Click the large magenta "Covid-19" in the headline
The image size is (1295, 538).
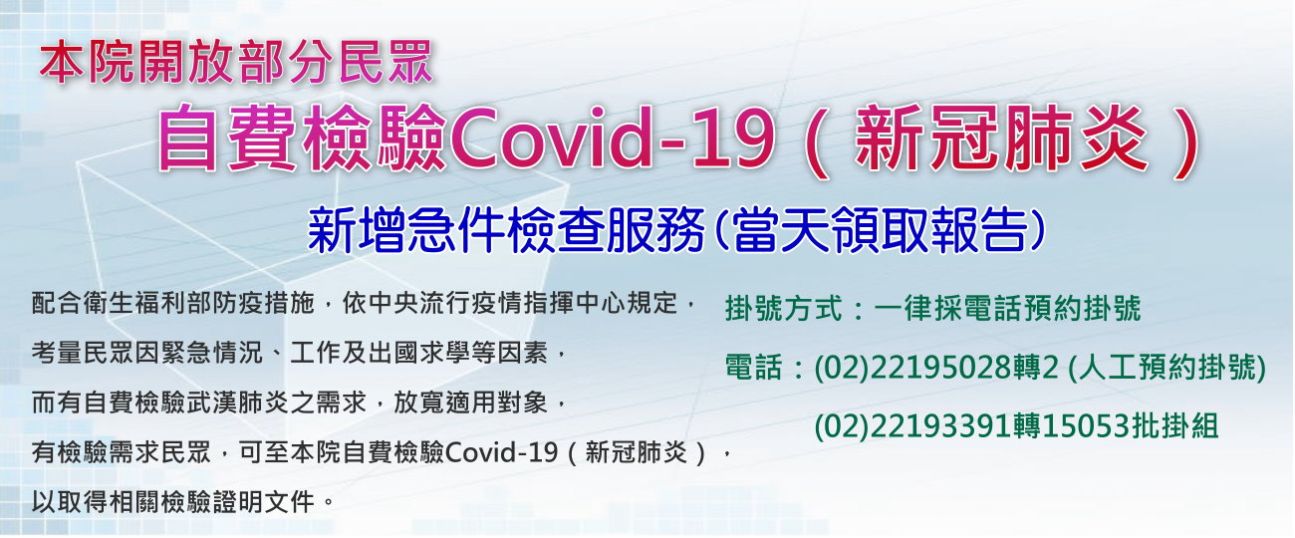point(612,138)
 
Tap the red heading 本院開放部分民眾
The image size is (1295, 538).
point(236,62)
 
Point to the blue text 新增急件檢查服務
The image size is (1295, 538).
point(506,230)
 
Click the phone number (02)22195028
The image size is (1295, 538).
point(913,367)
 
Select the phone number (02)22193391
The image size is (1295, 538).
point(913,426)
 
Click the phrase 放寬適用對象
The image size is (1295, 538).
point(470,403)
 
